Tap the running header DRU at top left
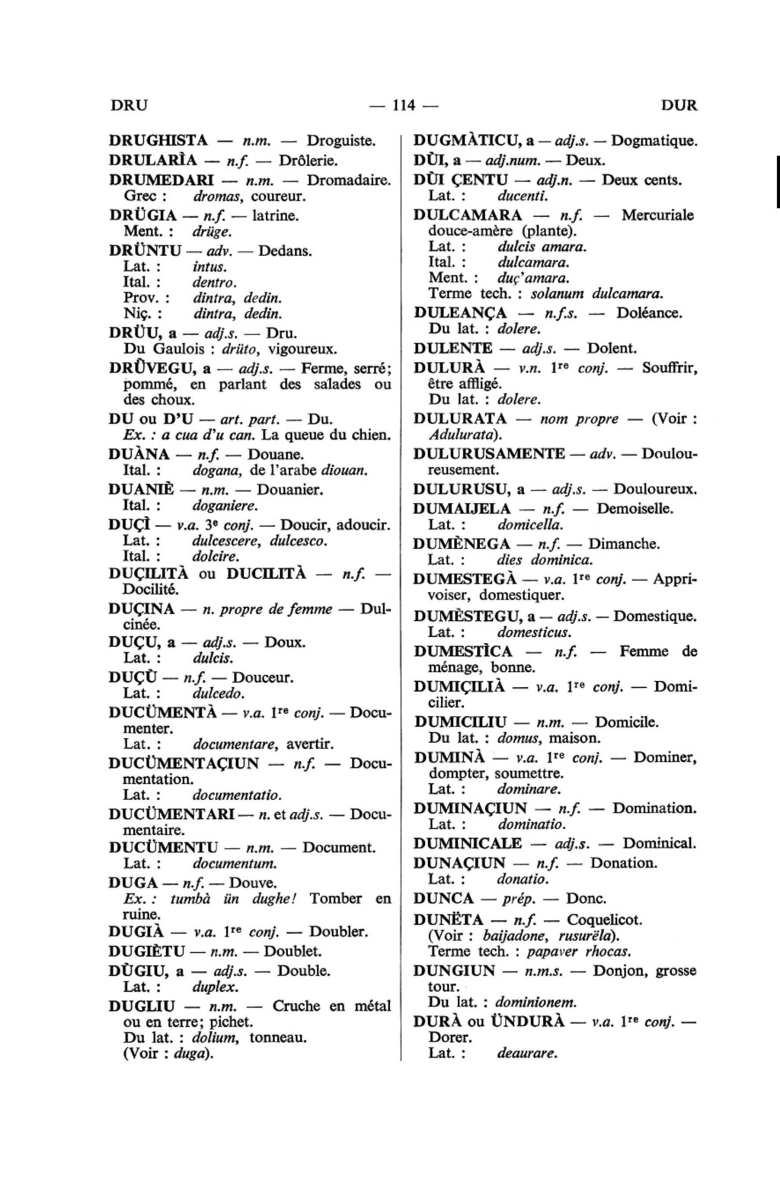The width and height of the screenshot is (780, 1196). point(129,105)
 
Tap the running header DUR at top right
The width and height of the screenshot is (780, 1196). point(679,105)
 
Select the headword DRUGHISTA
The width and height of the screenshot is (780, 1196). point(158,141)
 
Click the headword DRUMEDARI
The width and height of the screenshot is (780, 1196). point(161,181)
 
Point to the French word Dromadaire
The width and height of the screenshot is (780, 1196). point(348,181)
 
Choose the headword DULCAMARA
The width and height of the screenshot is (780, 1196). point(468,216)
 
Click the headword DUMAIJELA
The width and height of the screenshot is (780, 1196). point(462,509)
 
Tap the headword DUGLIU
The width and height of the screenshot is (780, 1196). point(142,1006)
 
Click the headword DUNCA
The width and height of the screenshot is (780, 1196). point(443,899)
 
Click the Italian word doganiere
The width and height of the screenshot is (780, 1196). point(225,505)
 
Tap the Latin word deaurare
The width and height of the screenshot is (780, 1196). point(527,1054)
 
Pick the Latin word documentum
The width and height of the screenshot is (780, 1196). point(234,864)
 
